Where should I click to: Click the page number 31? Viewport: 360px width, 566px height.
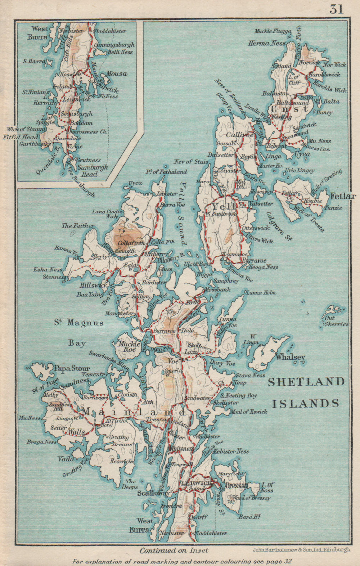336,9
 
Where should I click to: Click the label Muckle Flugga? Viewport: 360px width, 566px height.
273,31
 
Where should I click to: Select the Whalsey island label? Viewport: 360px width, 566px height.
290,357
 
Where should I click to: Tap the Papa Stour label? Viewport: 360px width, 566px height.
72,369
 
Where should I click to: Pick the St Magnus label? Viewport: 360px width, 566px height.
79,323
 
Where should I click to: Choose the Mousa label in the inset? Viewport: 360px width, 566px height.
117,73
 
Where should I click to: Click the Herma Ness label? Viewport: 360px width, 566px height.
267,43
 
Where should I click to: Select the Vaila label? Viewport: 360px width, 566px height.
66,459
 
